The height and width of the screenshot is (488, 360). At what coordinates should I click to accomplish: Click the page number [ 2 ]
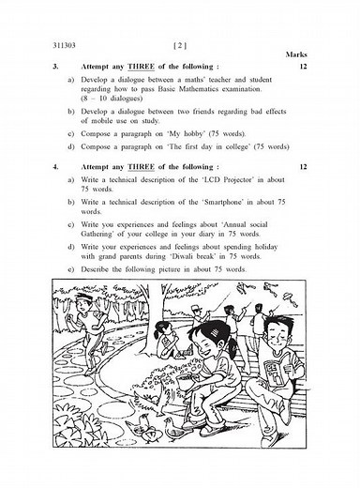[181, 45]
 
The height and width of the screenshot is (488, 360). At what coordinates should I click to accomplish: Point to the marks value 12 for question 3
[302, 68]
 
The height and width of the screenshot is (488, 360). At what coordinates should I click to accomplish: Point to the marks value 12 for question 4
[302, 166]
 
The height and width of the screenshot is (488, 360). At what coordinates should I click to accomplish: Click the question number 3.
[55, 68]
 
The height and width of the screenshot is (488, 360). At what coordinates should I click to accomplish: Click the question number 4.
[55, 166]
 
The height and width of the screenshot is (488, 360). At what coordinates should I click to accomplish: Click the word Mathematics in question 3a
[210, 88]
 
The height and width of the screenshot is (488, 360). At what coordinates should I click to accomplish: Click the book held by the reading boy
[276, 369]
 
